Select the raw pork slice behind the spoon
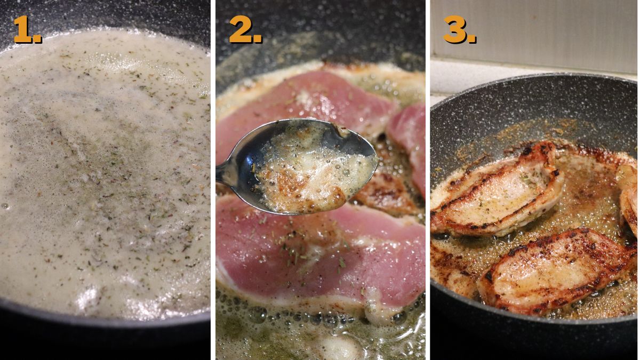pos(304,101)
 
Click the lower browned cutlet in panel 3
pos(555,269)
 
